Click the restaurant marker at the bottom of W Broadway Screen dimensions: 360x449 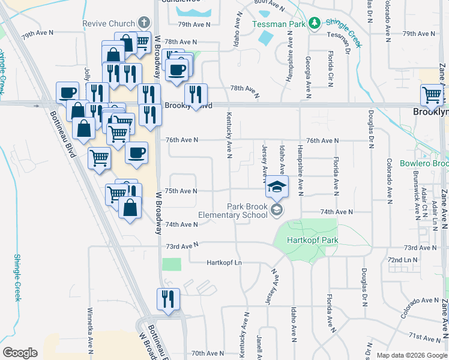[167, 299]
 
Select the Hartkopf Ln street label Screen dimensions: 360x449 [223, 263]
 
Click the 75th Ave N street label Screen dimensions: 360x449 [181, 191]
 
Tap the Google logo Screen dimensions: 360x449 [20, 353]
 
